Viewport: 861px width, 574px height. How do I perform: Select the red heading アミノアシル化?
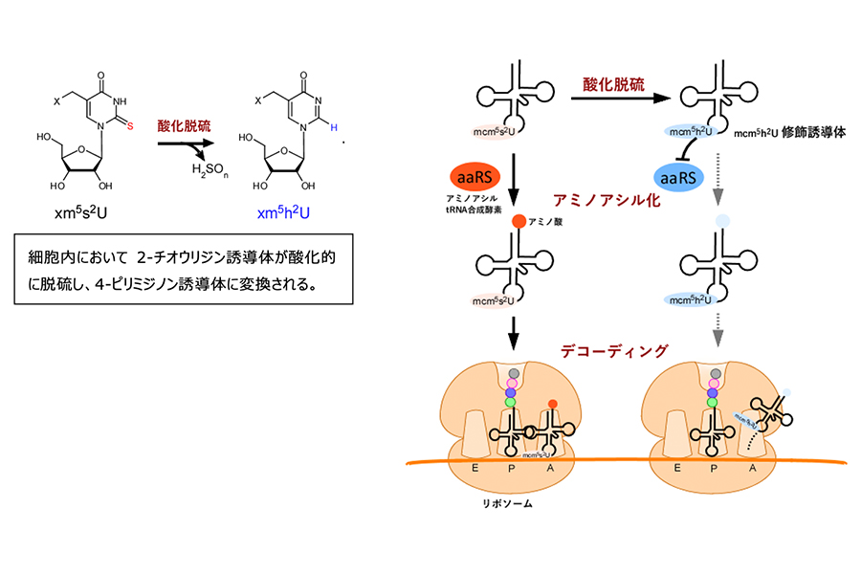coord(608,200)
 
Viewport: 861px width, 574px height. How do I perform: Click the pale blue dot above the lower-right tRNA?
coord(722,222)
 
